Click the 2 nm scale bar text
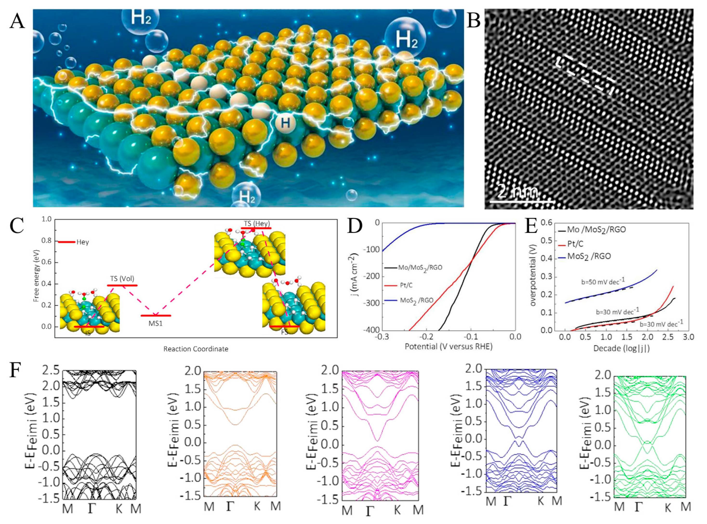(518, 191)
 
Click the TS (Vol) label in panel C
(120, 279)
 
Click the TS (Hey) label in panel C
(256, 224)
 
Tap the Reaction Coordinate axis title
(196, 349)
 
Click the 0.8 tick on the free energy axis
(47, 241)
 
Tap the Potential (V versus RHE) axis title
(449, 346)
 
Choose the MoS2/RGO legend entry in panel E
(588, 256)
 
